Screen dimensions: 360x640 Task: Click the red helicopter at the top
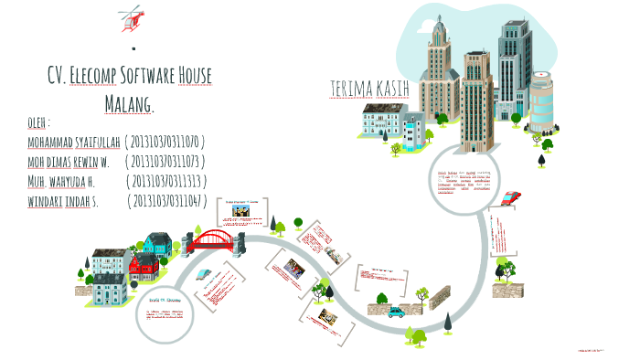(x=133, y=16)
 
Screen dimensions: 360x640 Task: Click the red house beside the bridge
(x=143, y=267)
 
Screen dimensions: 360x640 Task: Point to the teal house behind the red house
(x=157, y=244)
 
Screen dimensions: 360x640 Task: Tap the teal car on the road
(x=396, y=312)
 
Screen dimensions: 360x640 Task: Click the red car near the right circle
(x=511, y=196)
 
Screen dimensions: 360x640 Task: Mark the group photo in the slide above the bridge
(x=240, y=212)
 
